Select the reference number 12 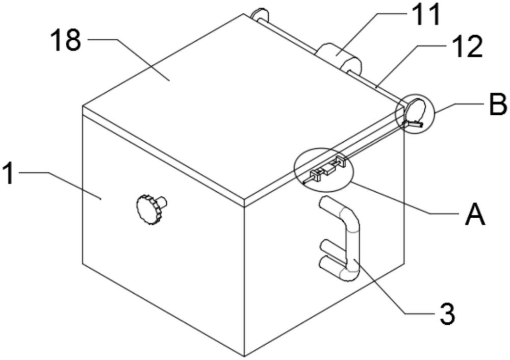point(466,47)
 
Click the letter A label point(475,214)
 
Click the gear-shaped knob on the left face point(148,210)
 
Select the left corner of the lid point(83,106)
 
